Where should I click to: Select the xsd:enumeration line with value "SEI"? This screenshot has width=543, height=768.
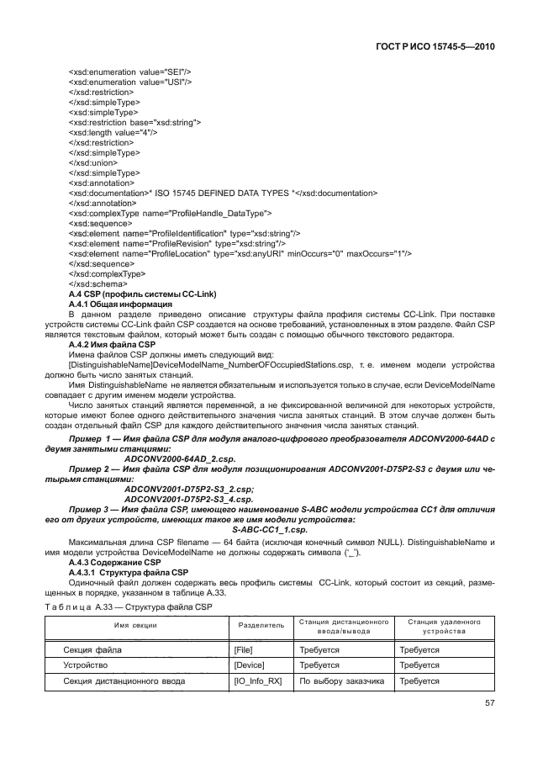[x=118, y=72]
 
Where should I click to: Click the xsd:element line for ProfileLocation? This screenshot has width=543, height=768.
[x=239, y=253]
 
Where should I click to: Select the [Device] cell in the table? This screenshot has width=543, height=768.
[x=250, y=665]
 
